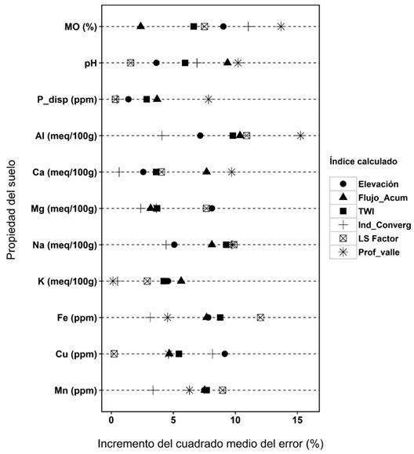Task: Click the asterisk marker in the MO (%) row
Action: pos(281,27)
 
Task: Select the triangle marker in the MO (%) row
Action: pos(140,26)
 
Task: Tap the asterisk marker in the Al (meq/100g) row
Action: pos(300,136)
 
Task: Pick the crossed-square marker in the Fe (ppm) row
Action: pos(260,318)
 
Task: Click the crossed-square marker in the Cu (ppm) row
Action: pos(114,354)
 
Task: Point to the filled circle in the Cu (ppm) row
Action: pos(225,354)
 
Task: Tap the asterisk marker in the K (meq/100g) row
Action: pos(114,281)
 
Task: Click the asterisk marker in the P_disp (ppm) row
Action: pos(209,99)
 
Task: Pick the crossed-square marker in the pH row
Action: pos(130,63)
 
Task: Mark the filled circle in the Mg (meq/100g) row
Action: pos(212,209)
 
